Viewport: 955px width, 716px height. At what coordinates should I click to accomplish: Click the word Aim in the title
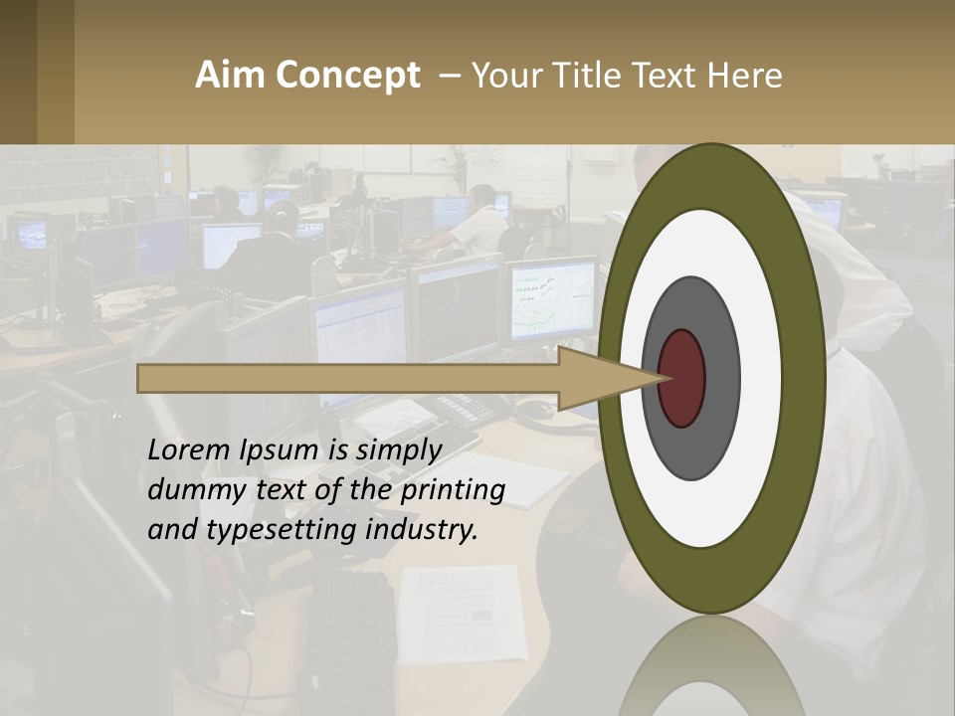230,76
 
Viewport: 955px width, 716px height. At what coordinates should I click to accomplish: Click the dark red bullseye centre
681,378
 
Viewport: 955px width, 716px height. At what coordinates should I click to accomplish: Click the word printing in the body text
453,491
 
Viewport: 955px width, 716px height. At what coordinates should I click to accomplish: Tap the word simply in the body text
398,451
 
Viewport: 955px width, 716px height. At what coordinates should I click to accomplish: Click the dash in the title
449,77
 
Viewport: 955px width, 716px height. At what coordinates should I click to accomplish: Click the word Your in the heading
502,76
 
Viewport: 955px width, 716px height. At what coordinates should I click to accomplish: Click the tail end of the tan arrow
141,378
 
